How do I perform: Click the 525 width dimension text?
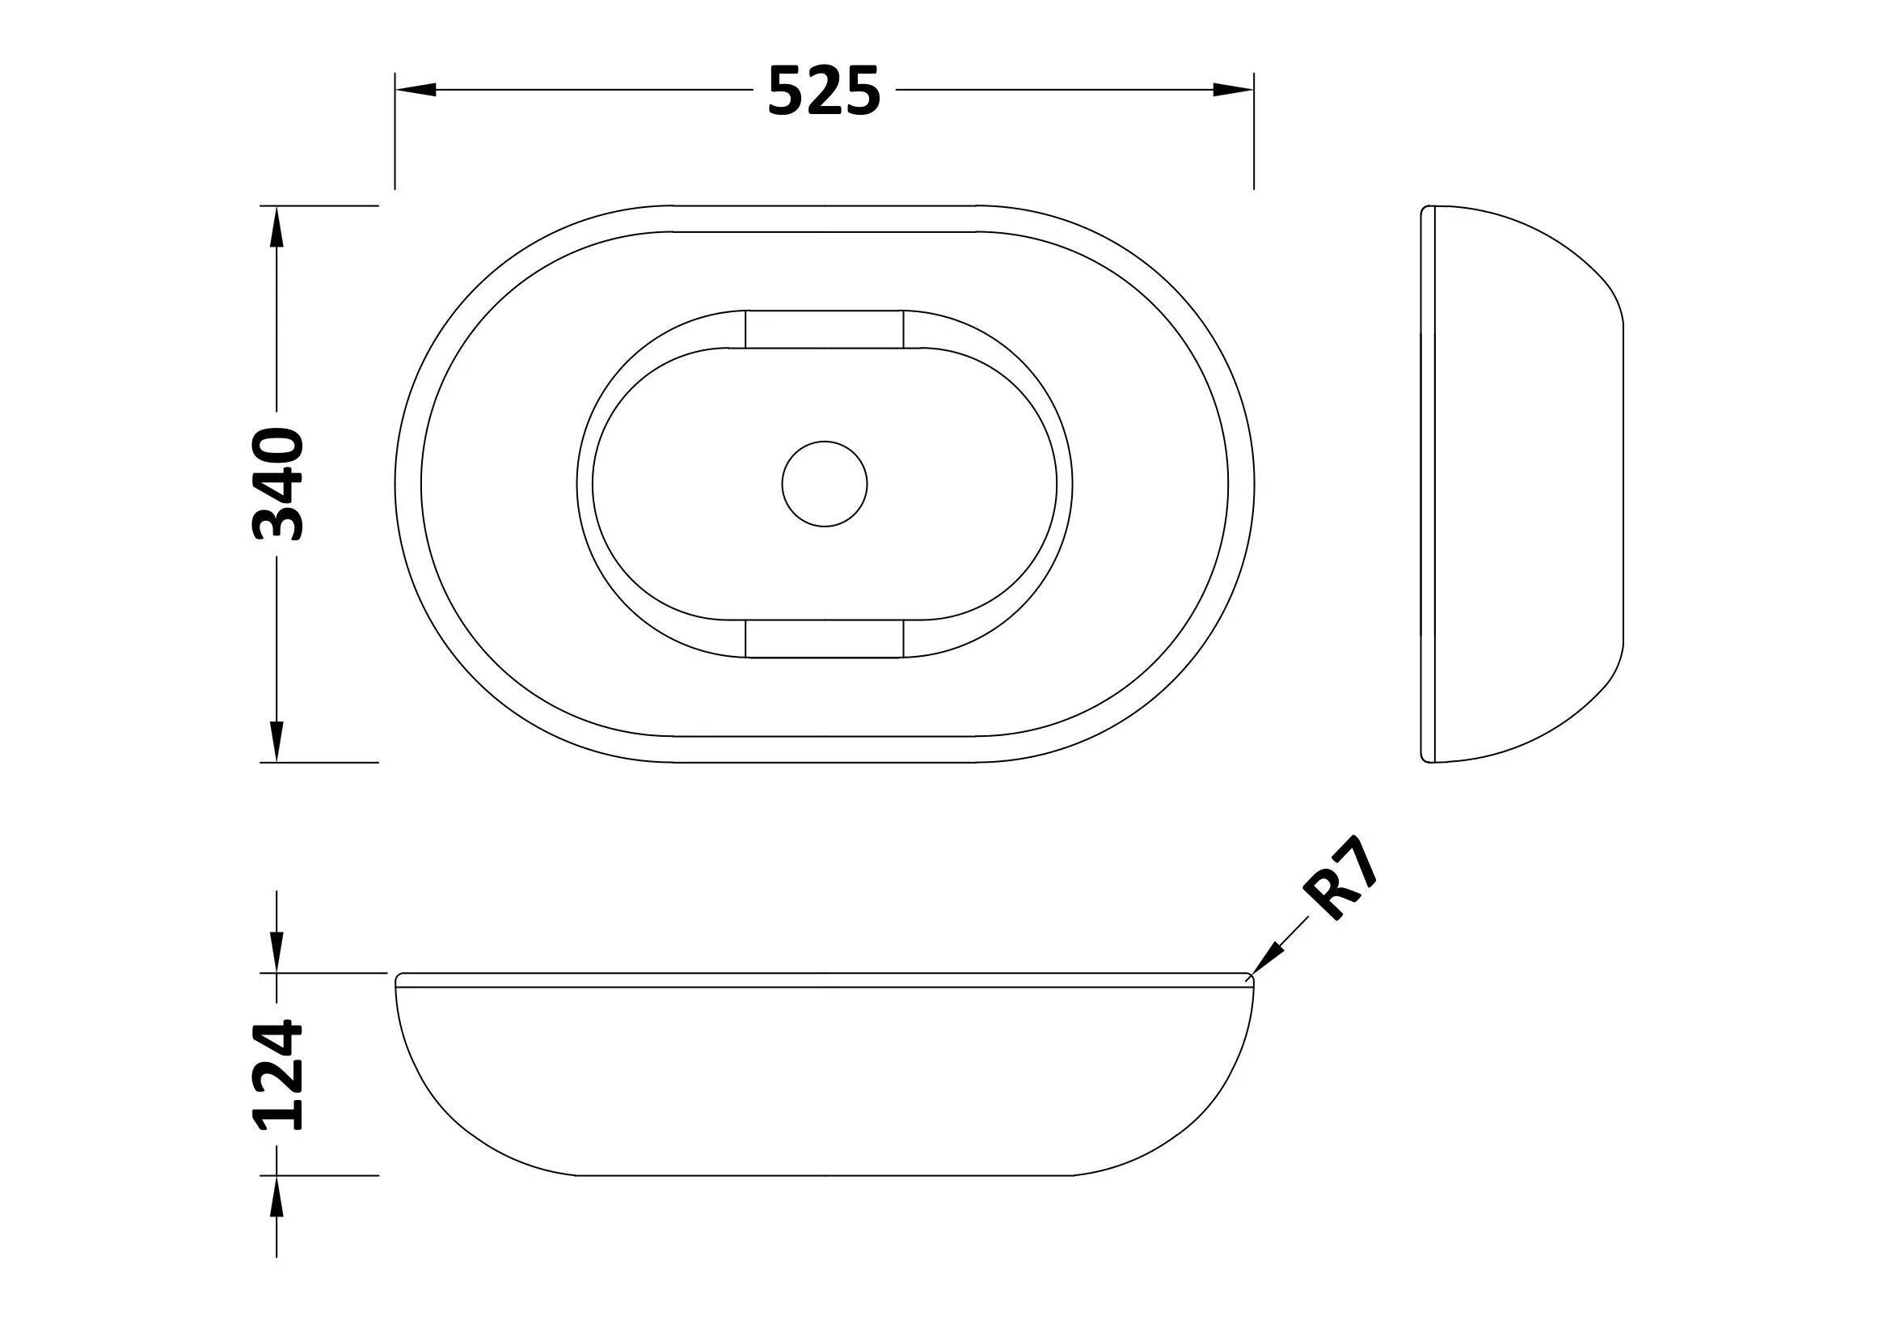[824, 91]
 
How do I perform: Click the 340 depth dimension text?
[277, 484]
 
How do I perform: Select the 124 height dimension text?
[277, 1075]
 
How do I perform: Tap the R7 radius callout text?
[1340, 880]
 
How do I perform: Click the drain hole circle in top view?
[825, 484]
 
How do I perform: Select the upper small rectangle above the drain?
[825, 329]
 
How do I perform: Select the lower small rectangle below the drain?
[825, 638]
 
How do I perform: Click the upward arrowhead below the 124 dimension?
[276, 1195]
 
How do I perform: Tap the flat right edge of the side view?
[1623, 484]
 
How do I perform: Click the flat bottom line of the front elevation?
[825, 1174]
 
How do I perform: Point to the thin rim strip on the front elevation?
[825, 979]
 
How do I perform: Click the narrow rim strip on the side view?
[1429, 484]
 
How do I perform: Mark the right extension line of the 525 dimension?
[1254, 140]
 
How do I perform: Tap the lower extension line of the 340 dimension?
[329, 762]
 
